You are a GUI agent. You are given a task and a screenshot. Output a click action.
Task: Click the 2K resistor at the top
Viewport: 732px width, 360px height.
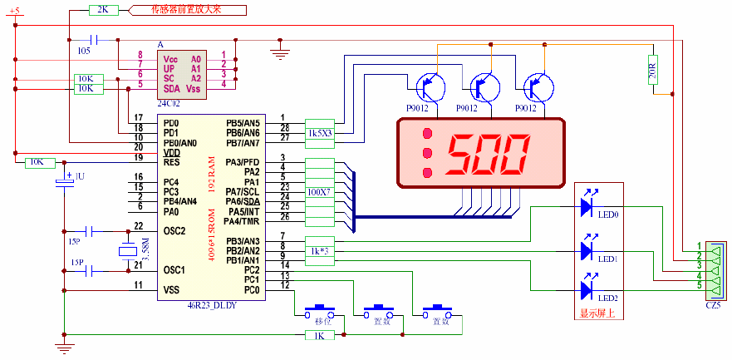coord(103,9)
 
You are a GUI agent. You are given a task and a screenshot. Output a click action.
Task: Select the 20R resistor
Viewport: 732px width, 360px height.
coord(652,71)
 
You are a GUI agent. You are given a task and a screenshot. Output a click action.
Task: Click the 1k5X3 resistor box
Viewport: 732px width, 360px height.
coord(319,132)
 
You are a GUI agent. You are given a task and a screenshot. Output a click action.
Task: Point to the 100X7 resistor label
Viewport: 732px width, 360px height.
coord(319,192)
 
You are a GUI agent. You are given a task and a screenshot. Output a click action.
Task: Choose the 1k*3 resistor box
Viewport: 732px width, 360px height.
coord(319,250)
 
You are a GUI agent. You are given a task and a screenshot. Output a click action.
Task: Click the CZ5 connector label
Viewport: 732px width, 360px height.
coord(712,305)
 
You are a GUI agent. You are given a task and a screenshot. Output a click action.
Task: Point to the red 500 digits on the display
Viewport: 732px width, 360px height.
coord(488,153)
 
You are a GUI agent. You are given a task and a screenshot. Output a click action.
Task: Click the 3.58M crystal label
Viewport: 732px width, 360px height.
coord(146,249)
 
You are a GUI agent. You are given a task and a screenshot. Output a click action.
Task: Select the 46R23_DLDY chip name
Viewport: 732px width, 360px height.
coord(214,305)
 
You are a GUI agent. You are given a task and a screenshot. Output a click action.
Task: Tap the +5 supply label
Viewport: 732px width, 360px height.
coord(16,9)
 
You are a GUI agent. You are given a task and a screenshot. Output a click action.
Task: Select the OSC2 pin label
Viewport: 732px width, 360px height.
coord(174,230)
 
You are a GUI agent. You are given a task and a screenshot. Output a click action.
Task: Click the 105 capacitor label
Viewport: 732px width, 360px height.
coord(84,50)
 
